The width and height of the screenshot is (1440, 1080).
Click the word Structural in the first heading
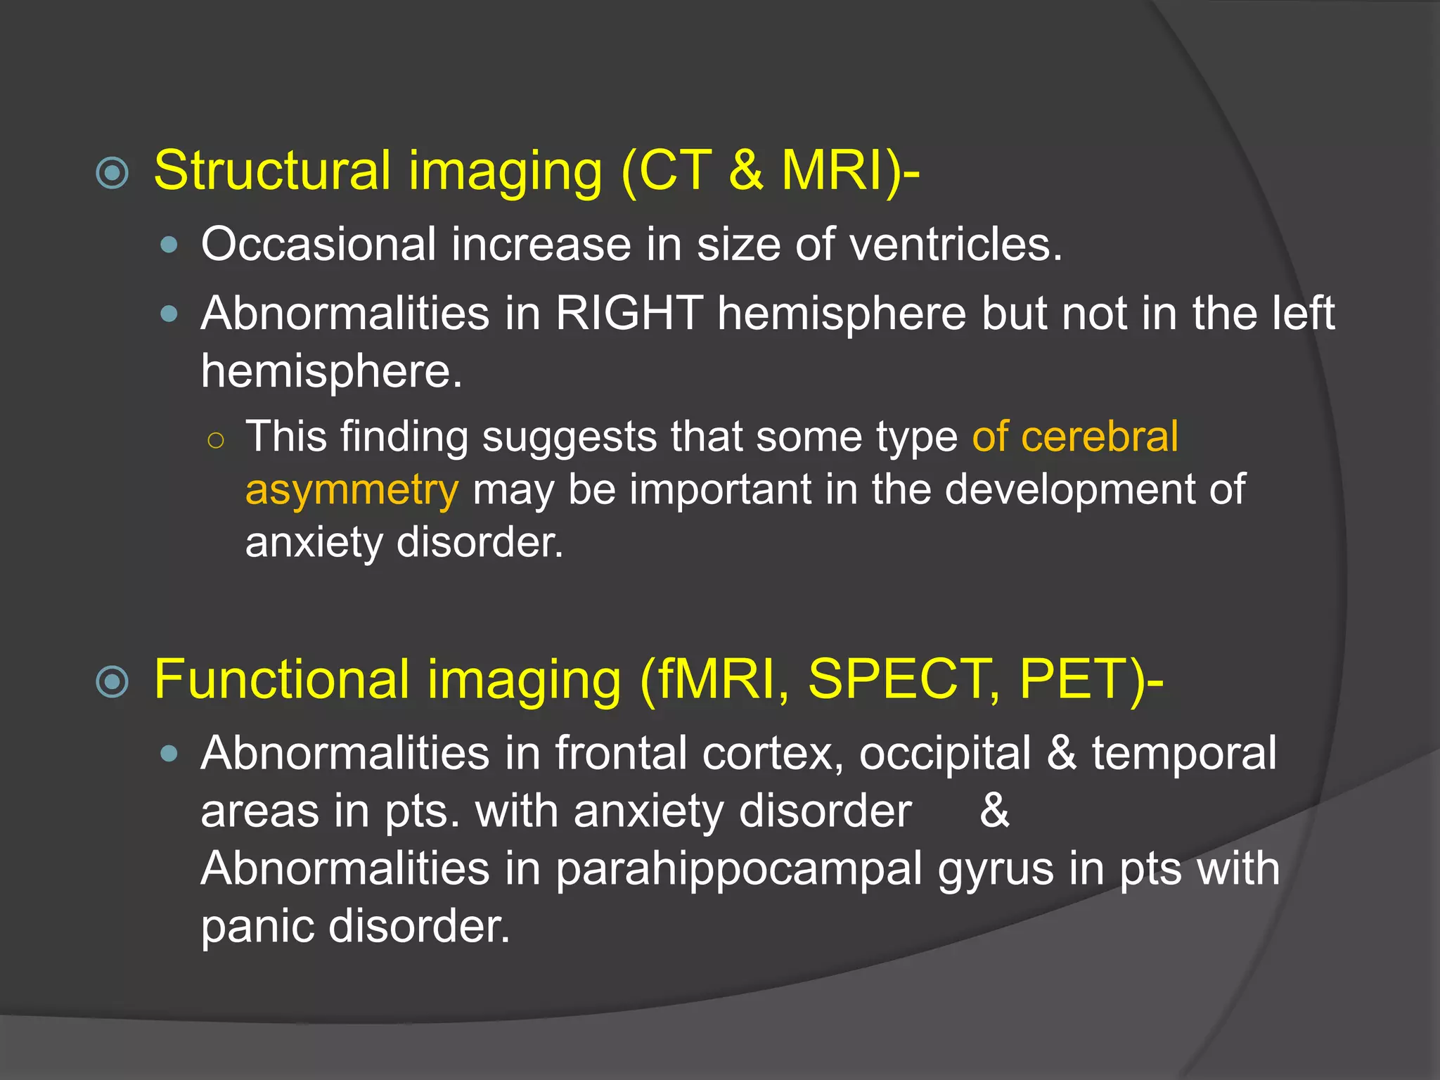tap(271, 171)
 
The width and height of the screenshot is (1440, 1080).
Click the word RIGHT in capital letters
tap(629, 313)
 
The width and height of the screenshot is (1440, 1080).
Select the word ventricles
tap(956, 245)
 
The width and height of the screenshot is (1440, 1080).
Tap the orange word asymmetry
tap(352, 490)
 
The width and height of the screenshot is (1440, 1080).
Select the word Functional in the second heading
tap(282, 679)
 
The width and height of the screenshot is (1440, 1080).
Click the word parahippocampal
tap(738, 869)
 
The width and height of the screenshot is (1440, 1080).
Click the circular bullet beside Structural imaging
tap(112, 173)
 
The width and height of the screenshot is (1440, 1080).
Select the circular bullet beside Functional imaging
tap(112, 681)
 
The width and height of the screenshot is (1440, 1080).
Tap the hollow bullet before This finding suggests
tap(216, 441)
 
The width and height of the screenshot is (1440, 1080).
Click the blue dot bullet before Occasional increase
tap(169, 245)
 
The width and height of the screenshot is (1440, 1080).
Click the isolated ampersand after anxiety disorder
tap(994, 811)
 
